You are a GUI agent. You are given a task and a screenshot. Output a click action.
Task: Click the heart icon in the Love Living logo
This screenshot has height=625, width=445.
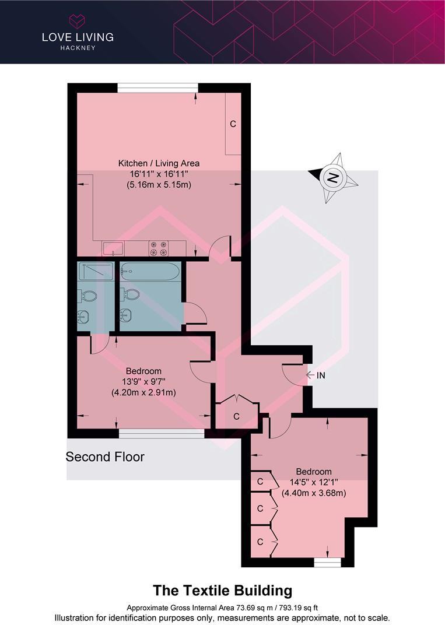pos(77,22)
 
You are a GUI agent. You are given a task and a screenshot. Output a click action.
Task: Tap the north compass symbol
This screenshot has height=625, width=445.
pos(332,178)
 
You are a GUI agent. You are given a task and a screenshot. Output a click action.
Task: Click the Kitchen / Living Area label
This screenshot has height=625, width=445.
pos(159,163)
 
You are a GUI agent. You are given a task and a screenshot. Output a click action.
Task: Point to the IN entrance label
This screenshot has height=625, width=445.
pos(321,375)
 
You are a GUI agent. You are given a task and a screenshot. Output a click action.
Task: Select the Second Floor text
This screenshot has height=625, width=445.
pos(105,457)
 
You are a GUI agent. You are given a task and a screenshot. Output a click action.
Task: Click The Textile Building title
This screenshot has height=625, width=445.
pos(222,591)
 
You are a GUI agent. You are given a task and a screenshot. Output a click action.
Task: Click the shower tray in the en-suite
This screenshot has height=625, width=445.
pos(95,271)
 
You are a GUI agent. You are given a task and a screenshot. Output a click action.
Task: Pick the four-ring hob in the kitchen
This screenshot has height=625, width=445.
pos(159,248)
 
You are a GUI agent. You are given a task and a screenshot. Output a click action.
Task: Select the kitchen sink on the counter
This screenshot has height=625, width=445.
pos(113,249)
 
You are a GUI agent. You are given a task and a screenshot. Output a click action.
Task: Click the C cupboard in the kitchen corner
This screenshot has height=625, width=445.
pos(233,124)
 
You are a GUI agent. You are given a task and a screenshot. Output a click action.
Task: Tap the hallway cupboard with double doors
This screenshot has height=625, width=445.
pos(236,413)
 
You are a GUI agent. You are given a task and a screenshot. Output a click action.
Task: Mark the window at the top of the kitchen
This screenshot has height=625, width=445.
pos(157,88)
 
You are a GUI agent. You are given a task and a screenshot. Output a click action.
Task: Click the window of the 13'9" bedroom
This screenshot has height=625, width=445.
pos(162,433)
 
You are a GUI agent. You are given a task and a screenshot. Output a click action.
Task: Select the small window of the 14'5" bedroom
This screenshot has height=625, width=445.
pos(327,563)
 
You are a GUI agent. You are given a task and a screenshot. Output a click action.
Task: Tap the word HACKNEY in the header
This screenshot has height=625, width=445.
pos(77,48)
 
